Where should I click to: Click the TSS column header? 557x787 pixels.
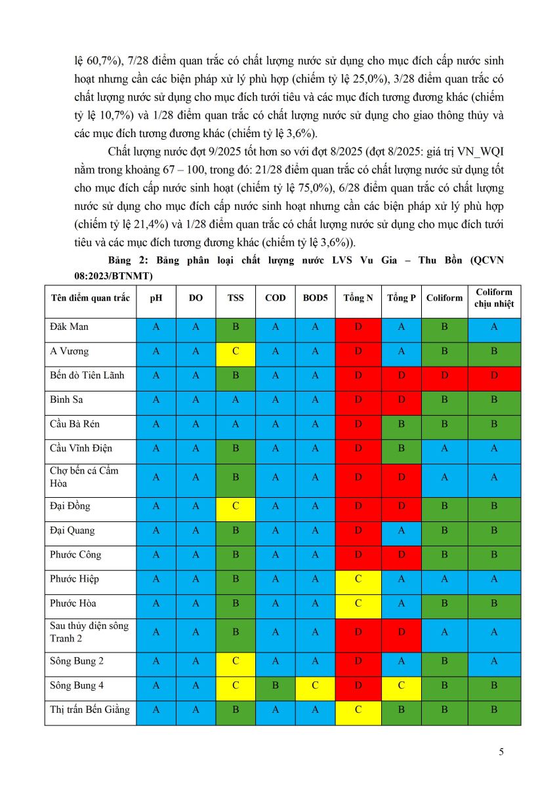tap(236, 298)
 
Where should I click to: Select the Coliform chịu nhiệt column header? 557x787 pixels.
tap(494, 298)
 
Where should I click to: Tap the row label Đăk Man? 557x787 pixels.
tap(70, 327)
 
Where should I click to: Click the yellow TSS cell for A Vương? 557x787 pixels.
tap(236, 351)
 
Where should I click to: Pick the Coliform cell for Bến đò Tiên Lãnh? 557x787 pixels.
tap(444, 375)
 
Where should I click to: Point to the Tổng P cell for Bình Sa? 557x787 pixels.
tap(401, 399)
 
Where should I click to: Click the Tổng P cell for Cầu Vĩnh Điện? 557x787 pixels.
tap(401, 448)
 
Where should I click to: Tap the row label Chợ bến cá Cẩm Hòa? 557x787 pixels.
tap(84, 477)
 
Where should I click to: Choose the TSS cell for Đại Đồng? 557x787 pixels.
tap(236, 506)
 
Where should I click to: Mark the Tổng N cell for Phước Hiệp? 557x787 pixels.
tap(358, 579)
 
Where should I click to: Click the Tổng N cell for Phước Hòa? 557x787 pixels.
tap(358, 603)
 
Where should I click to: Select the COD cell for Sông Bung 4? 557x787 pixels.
tap(276, 685)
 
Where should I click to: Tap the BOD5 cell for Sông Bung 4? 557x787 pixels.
tap(315, 685)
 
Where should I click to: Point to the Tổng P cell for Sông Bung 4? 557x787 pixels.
tap(401, 685)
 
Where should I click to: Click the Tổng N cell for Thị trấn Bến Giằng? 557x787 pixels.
tap(358, 710)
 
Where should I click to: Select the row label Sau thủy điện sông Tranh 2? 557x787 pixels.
tap(89, 632)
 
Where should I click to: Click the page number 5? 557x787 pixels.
tap(501, 752)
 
